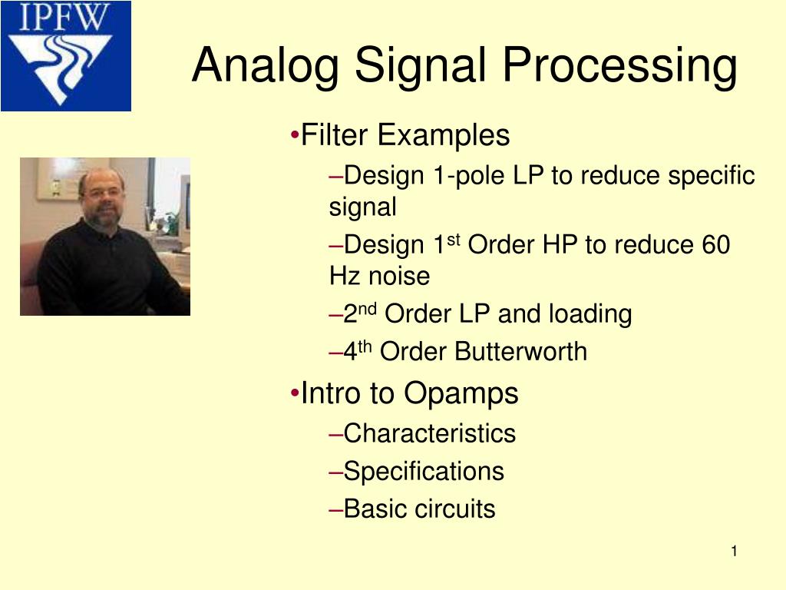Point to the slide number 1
pos(734,552)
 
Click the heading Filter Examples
pos(405,136)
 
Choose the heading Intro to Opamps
pos(409,394)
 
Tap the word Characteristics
pos(429,433)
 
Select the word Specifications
pos(424,471)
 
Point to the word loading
pos(589,314)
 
